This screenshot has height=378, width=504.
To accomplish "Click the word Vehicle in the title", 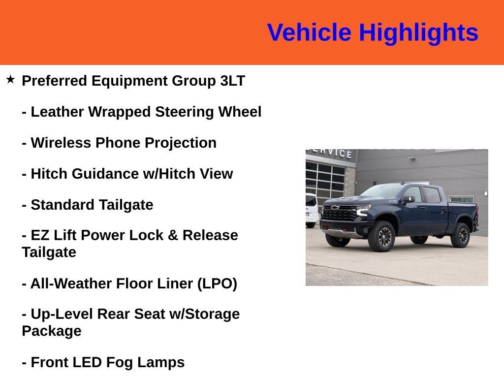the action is coord(309,32).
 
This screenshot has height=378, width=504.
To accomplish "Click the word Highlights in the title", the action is coord(418,33).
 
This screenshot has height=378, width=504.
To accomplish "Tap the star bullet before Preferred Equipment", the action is coord(10,79).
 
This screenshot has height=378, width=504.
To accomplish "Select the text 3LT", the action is coord(233,81).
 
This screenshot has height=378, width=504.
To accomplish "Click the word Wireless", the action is coord(61,143).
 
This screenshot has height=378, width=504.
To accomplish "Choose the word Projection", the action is coord(180,143).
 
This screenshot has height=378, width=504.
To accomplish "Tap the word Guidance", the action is coord(105,174).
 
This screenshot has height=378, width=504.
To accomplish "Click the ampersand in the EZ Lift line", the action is coord(173,235).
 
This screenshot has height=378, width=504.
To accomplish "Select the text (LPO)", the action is coord(217,284).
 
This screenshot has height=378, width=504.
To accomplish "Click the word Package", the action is coord(51,331).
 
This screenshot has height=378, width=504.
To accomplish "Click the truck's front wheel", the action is coord(381,236).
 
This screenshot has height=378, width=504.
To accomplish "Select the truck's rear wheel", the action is coord(460,235).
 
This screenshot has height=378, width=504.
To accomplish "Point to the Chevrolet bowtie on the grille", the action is coord(335,208).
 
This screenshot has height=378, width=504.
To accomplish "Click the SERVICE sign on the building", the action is coord(331,153).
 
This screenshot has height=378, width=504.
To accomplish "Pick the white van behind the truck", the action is coord(312,210).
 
